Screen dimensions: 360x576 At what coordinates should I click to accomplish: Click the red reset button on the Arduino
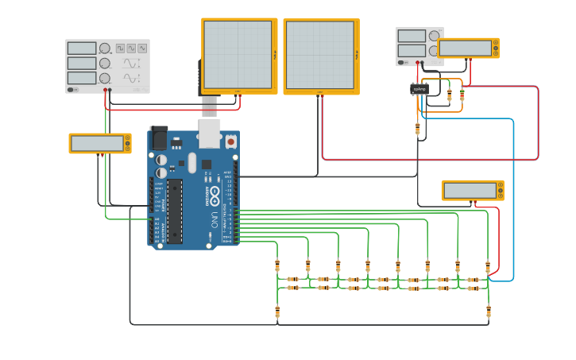coord(231,141)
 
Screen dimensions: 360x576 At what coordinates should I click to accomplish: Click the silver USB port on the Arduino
coord(209,136)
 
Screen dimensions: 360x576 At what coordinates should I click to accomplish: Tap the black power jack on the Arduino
coord(159,138)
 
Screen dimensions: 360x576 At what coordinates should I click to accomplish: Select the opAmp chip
coord(419,89)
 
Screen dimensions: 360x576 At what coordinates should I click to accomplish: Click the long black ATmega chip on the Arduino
coord(174,211)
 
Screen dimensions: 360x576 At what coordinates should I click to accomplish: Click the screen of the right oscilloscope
coord(319,56)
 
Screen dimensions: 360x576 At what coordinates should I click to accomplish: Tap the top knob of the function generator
coord(105,48)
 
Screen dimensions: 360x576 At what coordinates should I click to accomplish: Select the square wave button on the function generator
coord(120,48)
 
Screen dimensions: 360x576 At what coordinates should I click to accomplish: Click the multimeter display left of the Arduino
coord(97,143)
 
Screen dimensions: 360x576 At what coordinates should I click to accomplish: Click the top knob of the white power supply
coord(434,36)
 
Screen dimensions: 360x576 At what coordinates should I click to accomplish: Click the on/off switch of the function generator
coord(72,89)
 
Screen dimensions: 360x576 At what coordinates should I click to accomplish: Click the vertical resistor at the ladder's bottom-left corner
coord(277,311)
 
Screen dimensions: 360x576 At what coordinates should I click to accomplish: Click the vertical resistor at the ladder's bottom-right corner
coord(488,311)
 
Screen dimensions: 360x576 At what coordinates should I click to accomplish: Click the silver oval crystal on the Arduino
coord(192,163)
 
